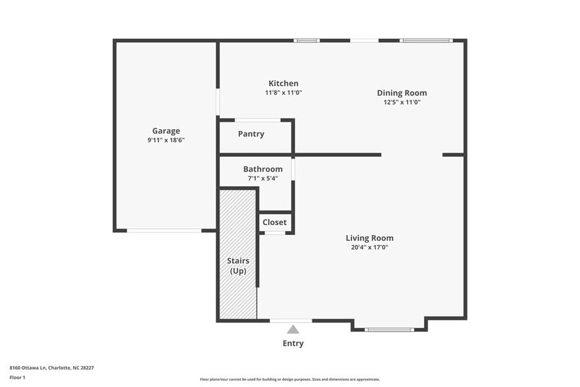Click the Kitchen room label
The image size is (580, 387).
(x=283, y=84)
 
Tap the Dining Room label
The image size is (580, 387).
(x=401, y=93)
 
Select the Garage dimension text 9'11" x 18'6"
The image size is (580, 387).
(x=166, y=140)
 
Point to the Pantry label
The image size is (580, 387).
(x=251, y=134)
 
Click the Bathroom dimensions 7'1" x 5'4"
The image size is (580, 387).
(x=262, y=178)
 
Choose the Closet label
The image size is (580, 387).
(x=274, y=222)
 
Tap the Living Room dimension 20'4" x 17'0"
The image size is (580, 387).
(x=370, y=247)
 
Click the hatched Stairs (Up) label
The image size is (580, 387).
(x=237, y=266)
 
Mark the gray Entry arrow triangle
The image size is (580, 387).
(x=293, y=329)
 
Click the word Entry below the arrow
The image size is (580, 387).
(x=293, y=343)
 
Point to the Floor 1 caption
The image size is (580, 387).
(x=17, y=377)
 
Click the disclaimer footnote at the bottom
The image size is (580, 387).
(x=289, y=379)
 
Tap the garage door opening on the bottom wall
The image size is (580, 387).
(x=164, y=230)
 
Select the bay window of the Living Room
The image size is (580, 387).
(x=389, y=329)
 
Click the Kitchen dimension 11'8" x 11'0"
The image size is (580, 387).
(x=283, y=93)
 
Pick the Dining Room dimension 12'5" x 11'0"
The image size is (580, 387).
(x=401, y=102)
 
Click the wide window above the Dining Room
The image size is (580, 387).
(x=426, y=41)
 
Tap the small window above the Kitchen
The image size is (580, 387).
(x=306, y=41)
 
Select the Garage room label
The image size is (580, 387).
(x=166, y=131)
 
